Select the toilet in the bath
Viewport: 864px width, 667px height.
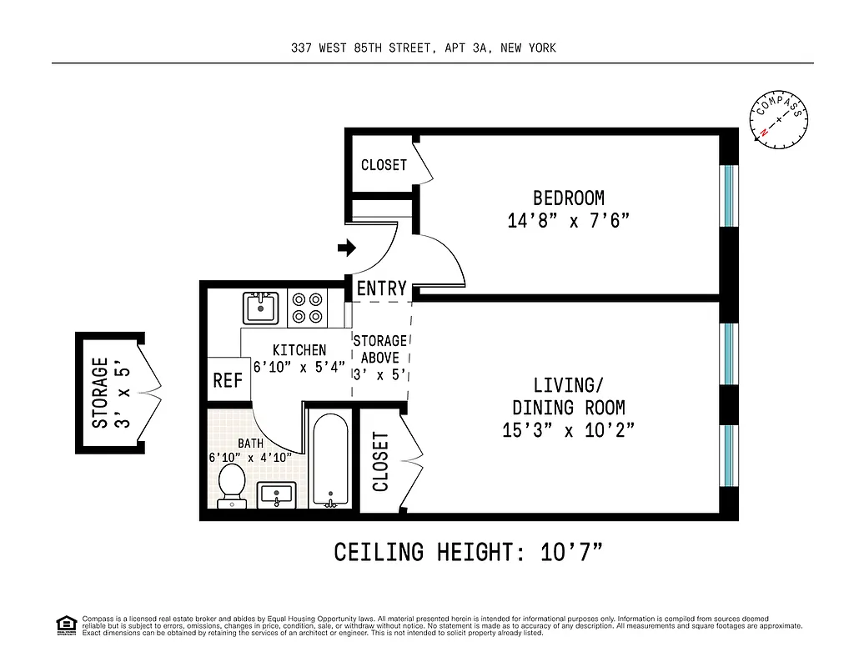click(x=231, y=486)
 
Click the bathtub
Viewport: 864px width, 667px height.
click(x=330, y=458)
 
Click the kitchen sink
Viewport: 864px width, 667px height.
click(x=261, y=308)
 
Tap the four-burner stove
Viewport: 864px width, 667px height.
click(x=306, y=308)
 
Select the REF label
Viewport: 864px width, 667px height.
click(x=228, y=380)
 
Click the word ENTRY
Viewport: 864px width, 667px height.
click(x=381, y=288)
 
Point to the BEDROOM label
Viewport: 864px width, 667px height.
click(x=568, y=198)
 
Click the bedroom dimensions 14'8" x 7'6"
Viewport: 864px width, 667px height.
click(x=568, y=221)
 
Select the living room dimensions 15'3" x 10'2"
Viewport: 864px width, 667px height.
click(x=568, y=430)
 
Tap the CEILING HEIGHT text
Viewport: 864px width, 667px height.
click(x=468, y=552)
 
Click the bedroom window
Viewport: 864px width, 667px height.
click(x=728, y=196)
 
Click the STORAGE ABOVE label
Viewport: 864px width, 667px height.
click(x=380, y=349)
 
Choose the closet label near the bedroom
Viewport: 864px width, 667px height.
click(x=384, y=165)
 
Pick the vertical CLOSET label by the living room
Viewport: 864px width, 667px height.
click(x=380, y=461)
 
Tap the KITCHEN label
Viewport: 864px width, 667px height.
click(x=299, y=350)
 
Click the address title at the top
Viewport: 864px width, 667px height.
click(x=424, y=48)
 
